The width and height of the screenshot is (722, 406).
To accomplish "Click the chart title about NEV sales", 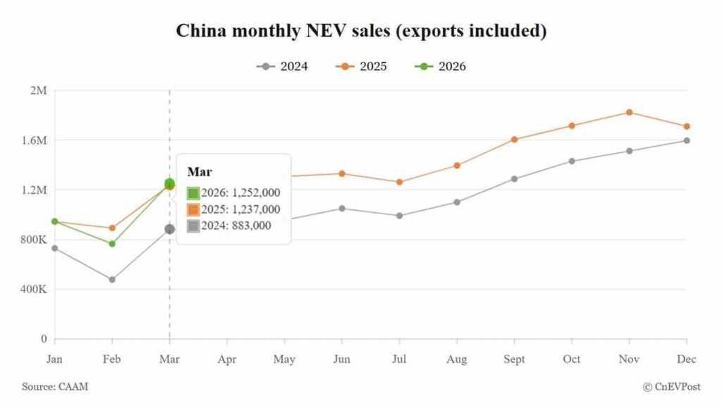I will click(361, 31).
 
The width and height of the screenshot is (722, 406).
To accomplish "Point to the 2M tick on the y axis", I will click(37, 90).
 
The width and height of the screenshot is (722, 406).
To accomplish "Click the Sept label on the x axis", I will click(514, 359).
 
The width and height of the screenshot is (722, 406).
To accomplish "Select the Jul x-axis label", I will click(399, 359).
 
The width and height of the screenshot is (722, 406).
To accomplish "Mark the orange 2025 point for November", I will click(629, 112).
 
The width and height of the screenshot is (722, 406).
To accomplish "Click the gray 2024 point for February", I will click(112, 280).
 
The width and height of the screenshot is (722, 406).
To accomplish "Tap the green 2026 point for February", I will click(112, 244).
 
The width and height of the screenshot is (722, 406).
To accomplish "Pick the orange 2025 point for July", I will click(399, 182).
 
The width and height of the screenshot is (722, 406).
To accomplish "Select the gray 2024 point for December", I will click(686, 140).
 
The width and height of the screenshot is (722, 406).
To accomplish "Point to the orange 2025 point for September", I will click(514, 140).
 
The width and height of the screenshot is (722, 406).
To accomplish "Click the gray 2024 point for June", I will click(342, 209).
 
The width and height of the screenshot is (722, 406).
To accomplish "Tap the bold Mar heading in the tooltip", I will click(195, 172).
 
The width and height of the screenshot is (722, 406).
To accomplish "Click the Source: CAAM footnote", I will click(56, 386).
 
